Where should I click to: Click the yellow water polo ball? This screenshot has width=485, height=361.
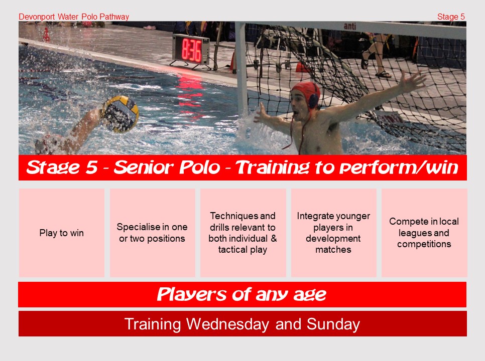tap(120, 114)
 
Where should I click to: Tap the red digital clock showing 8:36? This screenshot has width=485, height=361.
tap(191, 50)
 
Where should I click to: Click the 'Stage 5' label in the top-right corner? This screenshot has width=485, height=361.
tap(451, 17)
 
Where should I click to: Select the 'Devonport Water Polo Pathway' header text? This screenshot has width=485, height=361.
tap(74, 17)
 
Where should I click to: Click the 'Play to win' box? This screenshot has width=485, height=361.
tap(62, 233)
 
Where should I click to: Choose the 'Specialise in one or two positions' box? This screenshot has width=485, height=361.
tap(153, 233)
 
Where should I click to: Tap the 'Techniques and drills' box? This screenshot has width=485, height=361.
tap(243, 233)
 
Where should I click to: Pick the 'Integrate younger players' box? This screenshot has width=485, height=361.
tap(333, 233)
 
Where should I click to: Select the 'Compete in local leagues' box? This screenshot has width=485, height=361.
tap(424, 233)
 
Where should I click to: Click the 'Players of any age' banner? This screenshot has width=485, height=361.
tap(242, 294)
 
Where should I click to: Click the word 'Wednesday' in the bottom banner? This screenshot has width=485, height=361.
tap(227, 324)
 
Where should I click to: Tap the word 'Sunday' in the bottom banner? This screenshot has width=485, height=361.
tap(333, 325)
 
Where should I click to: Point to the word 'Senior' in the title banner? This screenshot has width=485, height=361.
tap(145, 167)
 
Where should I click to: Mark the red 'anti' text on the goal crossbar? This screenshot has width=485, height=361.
tap(350, 27)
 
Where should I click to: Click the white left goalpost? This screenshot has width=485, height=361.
tap(241, 68)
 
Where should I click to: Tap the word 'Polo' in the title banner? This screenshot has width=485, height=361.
tap(200, 167)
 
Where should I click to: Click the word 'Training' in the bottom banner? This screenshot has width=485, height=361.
tap(153, 325)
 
